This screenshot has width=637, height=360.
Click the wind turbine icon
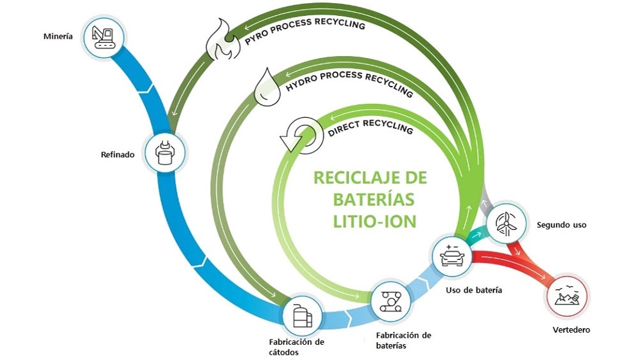tap(506, 223)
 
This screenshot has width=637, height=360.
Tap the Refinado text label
tap(118, 154)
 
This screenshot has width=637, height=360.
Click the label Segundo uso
tap(561, 225)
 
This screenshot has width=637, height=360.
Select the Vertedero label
tap(571, 330)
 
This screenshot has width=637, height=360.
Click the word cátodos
tap(283, 352)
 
